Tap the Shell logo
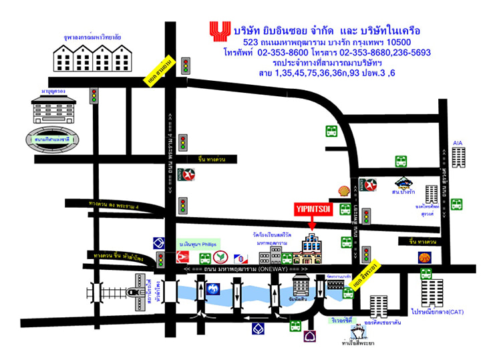(x=344, y=191)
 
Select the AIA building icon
(x=458, y=157)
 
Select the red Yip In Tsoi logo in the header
(x=218, y=31)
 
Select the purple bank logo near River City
(x=310, y=335)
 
